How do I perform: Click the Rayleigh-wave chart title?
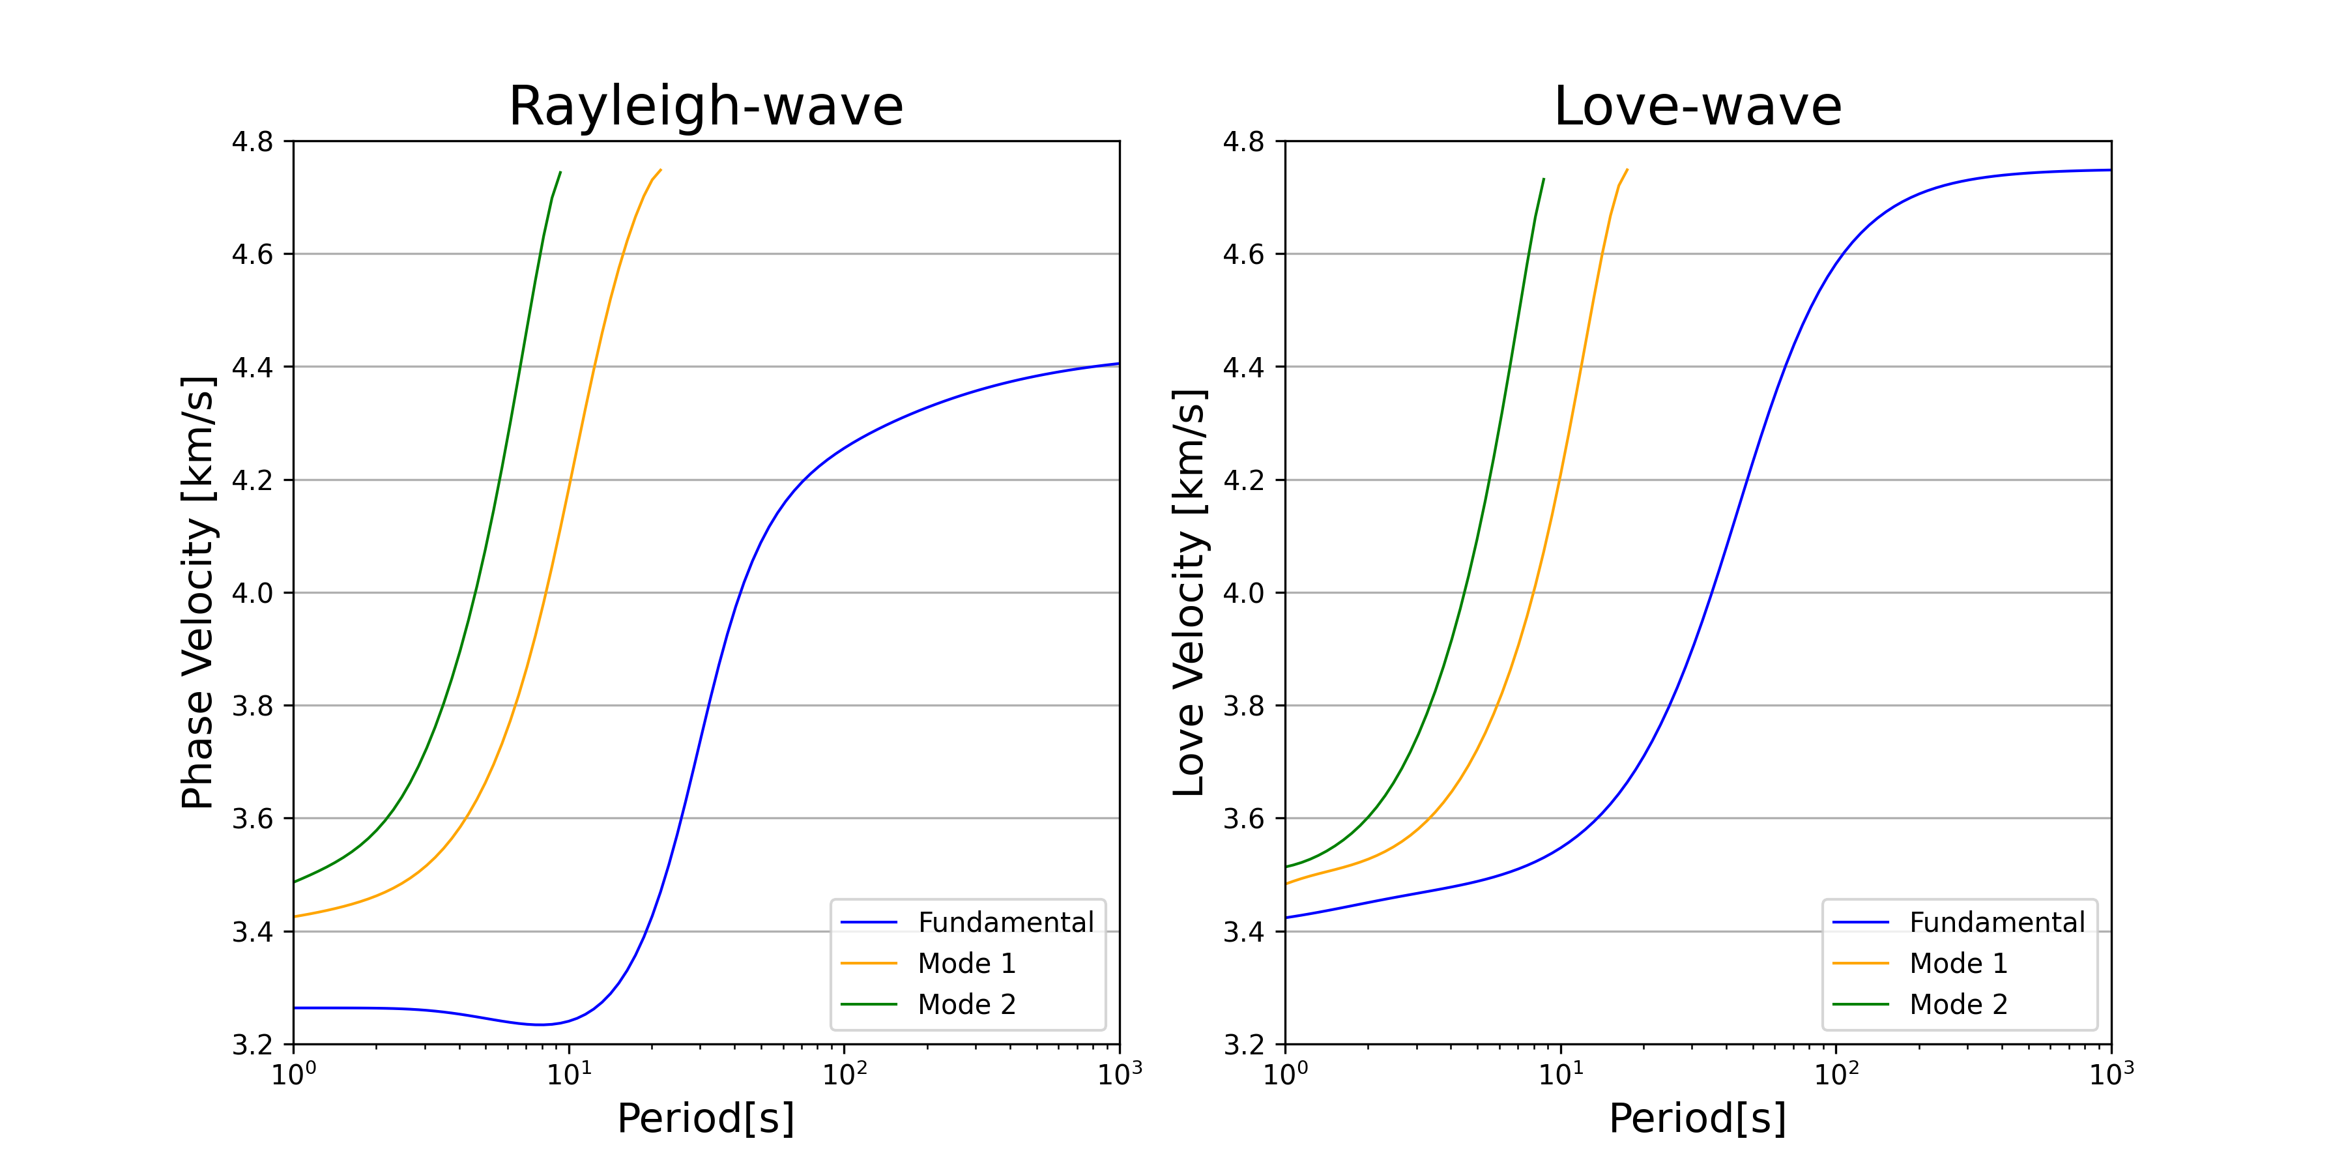(706, 107)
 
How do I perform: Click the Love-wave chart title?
(1698, 107)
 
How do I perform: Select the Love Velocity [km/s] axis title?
(1189, 592)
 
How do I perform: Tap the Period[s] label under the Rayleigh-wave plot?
(706, 1118)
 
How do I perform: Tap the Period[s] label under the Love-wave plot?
(1698, 1118)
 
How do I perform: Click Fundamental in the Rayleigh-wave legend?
(1006, 923)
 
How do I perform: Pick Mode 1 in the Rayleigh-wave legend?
(966, 964)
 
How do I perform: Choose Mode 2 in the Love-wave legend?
(1958, 1004)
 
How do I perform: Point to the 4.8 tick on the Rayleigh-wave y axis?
(252, 141)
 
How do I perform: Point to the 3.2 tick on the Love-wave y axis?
(1244, 1045)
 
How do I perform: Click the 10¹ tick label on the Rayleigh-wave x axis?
(569, 1075)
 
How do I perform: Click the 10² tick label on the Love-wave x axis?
(1836, 1075)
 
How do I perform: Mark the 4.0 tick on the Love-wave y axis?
(1244, 593)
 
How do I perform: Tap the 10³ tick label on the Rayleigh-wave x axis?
(1120, 1075)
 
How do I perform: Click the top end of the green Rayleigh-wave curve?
(560, 172)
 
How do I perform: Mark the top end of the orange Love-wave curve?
(1627, 169)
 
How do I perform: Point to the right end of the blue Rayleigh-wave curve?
(1118, 364)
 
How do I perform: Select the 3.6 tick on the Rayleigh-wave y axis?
(252, 818)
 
